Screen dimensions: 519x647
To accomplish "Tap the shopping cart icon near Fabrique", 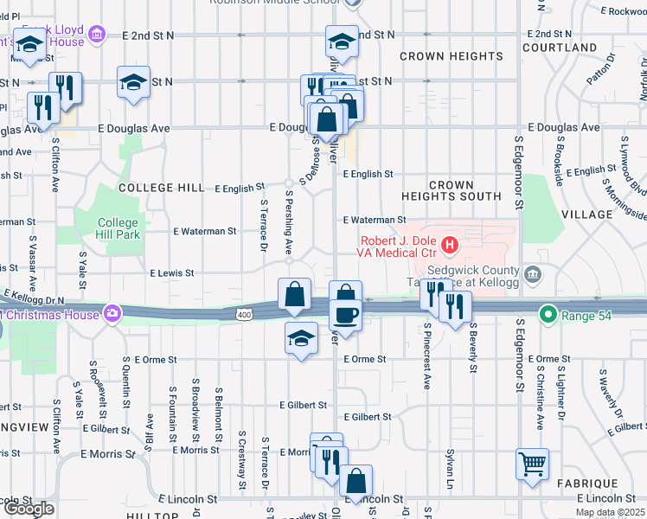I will coord(532,463).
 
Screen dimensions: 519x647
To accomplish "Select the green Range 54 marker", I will coord(548,314).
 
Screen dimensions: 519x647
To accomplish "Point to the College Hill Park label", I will coord(118,228).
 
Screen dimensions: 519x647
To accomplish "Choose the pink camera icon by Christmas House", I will coord(112,313).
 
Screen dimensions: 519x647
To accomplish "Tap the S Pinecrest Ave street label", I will coord(427,356).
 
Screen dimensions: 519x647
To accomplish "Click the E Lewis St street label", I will coord(171,272).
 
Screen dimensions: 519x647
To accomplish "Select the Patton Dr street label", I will coord(612,70).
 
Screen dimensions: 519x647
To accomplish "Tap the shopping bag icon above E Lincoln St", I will coord(356,480).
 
